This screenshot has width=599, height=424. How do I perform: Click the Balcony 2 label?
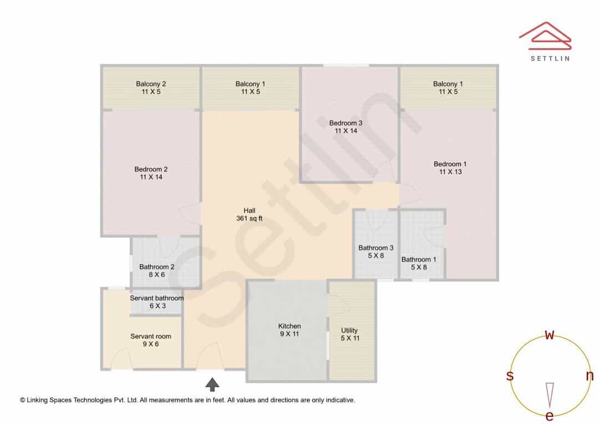coord(151,84)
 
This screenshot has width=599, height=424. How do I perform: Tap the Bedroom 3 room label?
coord(346,123)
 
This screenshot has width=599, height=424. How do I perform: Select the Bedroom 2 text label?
coord(151,169)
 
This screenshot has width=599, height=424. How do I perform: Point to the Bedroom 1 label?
coord(450,164)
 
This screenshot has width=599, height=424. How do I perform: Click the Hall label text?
coord(250,210)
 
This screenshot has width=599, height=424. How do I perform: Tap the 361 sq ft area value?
coord(250,218)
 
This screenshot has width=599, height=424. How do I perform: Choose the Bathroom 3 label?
coord(376,248)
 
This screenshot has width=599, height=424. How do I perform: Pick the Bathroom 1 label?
coord(419,259)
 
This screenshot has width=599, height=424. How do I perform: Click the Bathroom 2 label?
coord(156,267)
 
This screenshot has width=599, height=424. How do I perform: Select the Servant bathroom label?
coord(156,298)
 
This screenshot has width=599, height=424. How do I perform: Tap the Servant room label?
coord(150,336)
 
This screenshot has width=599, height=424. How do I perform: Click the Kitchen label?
coord(289,326)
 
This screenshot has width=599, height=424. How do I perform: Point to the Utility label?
coord(349,330)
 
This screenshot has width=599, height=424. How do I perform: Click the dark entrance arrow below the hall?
coord(212,385)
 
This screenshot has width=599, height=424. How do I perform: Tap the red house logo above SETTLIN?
coord(545,36)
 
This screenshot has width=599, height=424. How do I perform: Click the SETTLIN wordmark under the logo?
coord(550,58)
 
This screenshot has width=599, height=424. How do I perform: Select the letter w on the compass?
coord(549,335)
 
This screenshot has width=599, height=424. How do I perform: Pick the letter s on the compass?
coord(510,376)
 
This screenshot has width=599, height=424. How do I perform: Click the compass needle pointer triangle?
coord(550,396)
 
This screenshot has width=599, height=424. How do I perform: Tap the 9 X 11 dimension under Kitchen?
coord(289,334)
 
